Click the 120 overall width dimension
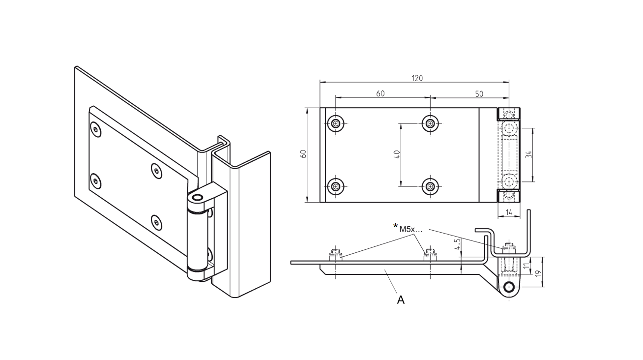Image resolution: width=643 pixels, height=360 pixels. coord(417,78)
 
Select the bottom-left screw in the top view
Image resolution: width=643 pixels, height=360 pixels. coord(336,186)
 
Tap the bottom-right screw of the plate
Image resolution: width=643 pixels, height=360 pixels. coord(431,186)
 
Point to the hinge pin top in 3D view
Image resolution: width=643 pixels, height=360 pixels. coord(198,198)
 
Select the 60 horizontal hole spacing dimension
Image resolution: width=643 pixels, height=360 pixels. coord(380,93)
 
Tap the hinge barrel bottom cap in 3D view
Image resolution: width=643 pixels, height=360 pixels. coord(198,273)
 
